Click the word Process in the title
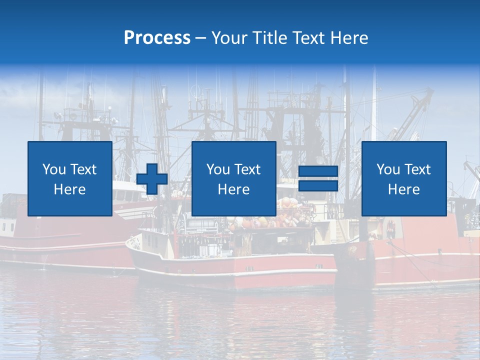tap(157, 38)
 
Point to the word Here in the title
tap(350, 38)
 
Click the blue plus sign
tap(151, 178)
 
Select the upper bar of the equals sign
tap(318, 171)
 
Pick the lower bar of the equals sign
tap(318, 186)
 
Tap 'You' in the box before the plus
tap(53, 169)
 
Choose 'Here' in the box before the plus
tap(69, 189)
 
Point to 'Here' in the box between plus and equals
tap(233, 189)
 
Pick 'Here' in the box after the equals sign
tap(403, 189)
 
